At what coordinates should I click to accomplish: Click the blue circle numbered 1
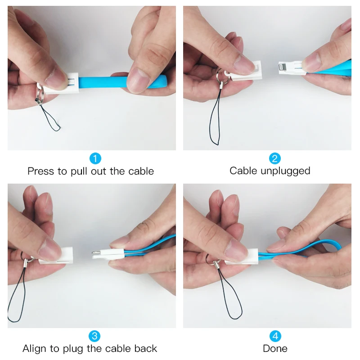(x=95, y=158)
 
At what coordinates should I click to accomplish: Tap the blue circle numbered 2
(x=275, y=158)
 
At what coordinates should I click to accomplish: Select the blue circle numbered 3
(x=94, y=336)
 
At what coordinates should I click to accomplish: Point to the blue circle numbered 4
(x=275, y=336)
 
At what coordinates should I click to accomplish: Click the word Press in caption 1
(x=40, y=171)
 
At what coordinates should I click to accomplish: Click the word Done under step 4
(x=275, y=349)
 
